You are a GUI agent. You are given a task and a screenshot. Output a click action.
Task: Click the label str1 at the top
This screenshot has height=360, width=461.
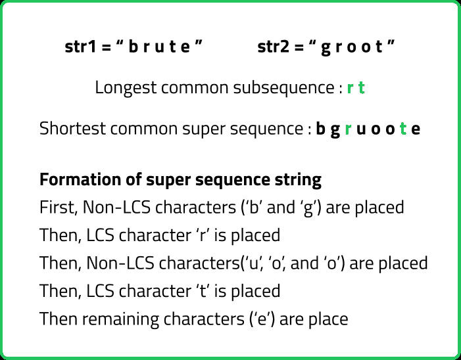(80, 47)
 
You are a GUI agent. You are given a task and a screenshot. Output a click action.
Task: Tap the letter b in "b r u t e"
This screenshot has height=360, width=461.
(133, 47)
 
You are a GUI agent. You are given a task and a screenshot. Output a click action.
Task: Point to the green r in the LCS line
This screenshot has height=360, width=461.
(350, 88)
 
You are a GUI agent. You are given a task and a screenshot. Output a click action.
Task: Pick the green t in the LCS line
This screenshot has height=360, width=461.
(362, 87)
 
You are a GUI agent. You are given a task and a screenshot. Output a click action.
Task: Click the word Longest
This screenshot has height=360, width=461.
(126, 88)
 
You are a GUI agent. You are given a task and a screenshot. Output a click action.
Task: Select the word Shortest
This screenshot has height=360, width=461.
(72, 129)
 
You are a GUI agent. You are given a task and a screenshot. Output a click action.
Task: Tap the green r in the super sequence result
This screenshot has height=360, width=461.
(348, 129)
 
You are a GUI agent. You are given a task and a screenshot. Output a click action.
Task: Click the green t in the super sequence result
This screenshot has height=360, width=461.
(403, 128)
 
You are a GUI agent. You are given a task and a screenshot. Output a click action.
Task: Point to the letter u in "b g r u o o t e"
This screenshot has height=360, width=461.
(361, 129)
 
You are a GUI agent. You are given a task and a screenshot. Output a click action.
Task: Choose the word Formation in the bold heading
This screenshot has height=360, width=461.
(80, 179)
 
